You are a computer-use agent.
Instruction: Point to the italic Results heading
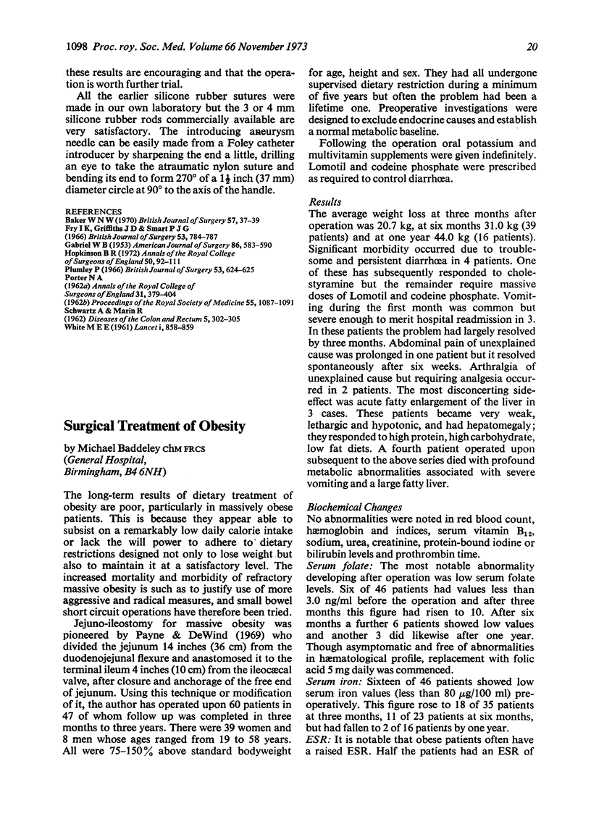tap(326, 203)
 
